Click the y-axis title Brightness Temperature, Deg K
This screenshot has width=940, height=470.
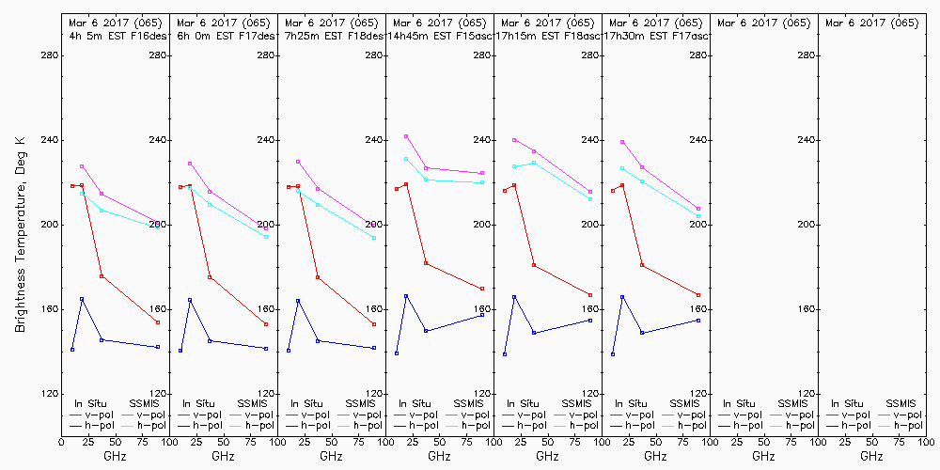[x=20, y=233]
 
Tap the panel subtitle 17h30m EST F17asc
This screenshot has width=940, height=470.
[x=656, y=36]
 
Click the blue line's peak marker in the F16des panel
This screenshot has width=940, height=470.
[x=82, y=299]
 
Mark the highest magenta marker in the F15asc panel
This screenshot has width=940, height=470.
[x=406, y=136]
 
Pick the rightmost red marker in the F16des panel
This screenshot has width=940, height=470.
[x=158, y=322]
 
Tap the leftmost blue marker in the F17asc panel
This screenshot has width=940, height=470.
[x=613, y=354]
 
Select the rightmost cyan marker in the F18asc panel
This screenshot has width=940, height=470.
[x=590, y=199]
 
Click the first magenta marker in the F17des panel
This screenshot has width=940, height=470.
[x=190, y=164]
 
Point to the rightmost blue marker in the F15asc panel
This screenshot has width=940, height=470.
[x=482, y=315]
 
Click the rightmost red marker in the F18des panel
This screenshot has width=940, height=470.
[x=374, y=324]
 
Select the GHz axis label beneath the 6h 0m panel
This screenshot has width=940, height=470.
[x=223, y=456]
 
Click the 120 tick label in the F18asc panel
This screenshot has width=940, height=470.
[x=590, y=394]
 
